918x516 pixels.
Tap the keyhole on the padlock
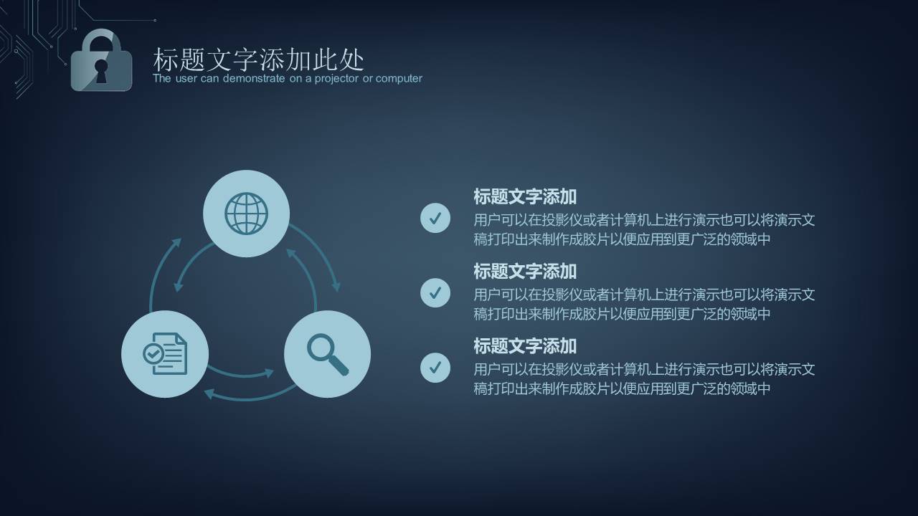(x=101, y=70)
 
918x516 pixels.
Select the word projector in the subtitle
(x=332, y=79)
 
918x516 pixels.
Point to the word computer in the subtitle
(x=399, y=79)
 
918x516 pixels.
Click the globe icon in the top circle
(x=246, y=214)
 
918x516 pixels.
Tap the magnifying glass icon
(x=327, y=354)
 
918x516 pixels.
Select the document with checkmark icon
(x=165, y=353)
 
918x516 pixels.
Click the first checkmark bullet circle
(x=435, y=218)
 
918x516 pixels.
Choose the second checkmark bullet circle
(x=435, y=292)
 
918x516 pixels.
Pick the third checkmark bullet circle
(x=435, y=367)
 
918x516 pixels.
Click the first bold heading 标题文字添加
(x=525, y=197)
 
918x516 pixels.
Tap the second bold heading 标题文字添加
(x=525, y=272)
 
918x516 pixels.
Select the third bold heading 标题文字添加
(x=525, y=346)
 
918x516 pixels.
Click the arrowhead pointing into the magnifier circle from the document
(x=269, y=373)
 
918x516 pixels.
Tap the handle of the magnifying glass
(x=339, y=368)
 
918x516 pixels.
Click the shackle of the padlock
(x=101, y=40)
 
